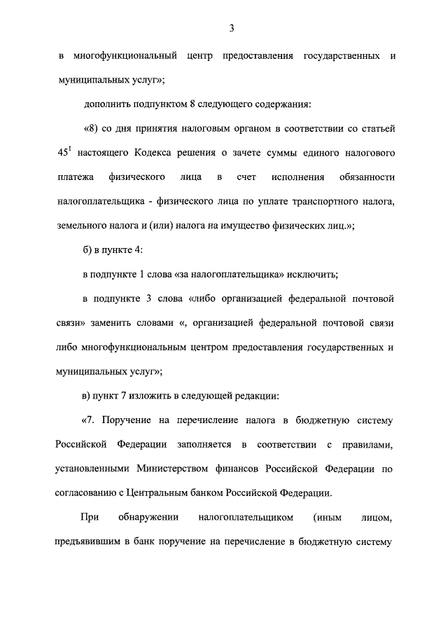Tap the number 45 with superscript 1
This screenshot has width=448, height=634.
[64, 153]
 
